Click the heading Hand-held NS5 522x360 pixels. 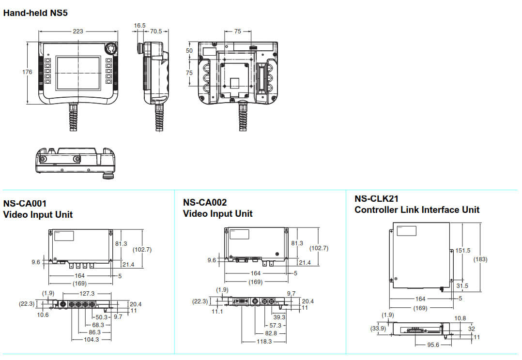coord(35,13)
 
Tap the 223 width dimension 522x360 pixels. coord(77,31)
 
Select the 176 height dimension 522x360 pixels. coord(28,72)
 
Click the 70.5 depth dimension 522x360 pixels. coord(156,31)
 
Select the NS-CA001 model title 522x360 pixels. coord(25,203)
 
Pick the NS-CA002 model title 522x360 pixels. coord(205,202)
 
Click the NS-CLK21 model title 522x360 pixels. coord(377,198)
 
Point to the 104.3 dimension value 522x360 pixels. coord(91,339)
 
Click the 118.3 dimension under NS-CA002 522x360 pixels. coord(264,341)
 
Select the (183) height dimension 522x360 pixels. coord(480,259)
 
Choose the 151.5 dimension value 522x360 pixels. coord(463,251)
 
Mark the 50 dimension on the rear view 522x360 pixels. coord(189,50)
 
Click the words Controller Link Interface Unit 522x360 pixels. coord(417,210)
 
